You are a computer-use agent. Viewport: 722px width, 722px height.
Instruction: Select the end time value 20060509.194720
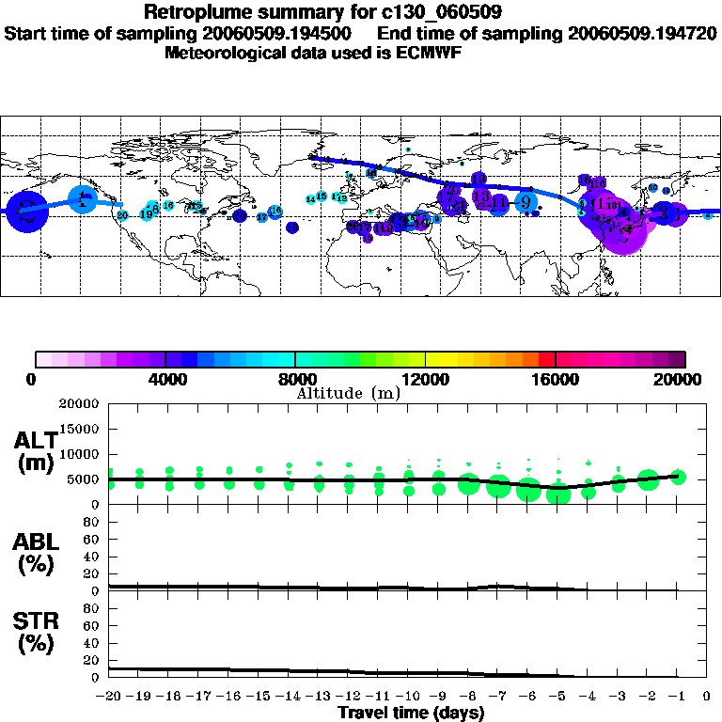click(643, 33)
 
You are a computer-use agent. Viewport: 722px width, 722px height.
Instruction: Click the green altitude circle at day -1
click(678, 477)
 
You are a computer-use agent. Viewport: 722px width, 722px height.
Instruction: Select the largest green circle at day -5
click(558, 494)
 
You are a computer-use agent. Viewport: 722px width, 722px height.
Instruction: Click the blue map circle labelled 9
click(526, 202)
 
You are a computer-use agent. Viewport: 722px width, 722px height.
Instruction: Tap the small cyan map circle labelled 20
click(122, 215)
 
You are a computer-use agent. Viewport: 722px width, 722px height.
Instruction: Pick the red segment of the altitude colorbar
click(547, 359)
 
